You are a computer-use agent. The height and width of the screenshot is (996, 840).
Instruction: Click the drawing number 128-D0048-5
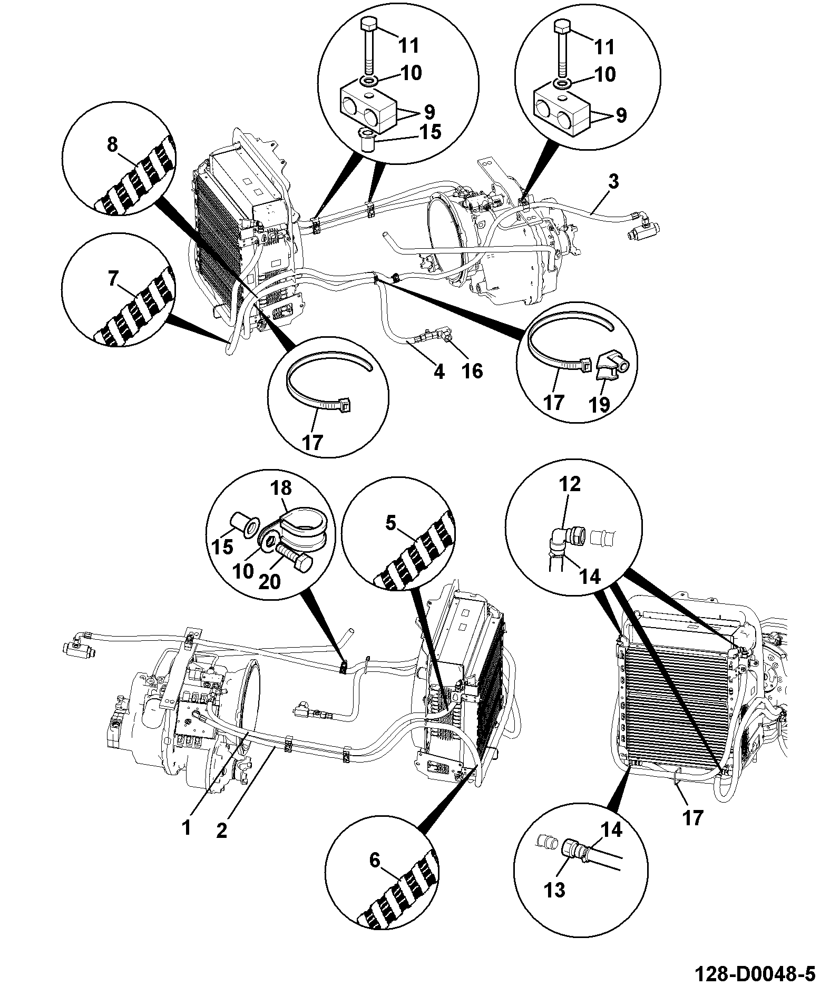point(756,974)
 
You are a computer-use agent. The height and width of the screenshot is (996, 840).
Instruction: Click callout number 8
point(112,144)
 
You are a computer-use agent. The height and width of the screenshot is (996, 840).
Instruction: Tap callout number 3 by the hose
point(613,182)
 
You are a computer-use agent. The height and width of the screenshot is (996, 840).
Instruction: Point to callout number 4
point(438,372)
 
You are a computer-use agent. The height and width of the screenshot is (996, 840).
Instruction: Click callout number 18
point(281,489)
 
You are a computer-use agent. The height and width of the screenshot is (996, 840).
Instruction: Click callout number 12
point(570,484)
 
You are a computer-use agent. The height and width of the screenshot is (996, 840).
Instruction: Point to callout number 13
point(555,890)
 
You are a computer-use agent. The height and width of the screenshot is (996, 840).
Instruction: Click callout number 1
point(186,828)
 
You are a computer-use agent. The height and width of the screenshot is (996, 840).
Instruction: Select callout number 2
point(221,831)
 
